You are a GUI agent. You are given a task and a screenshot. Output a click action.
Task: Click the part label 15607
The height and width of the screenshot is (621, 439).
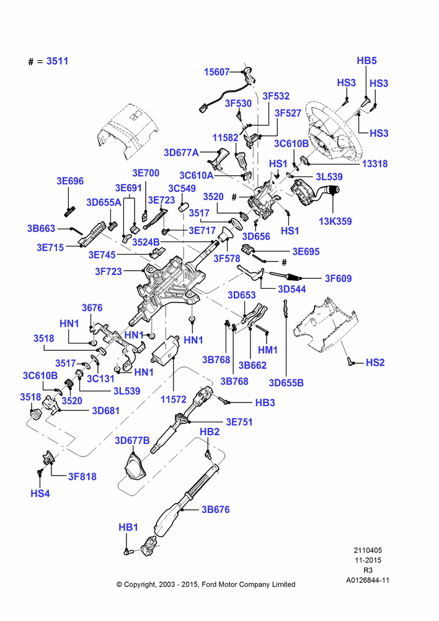(217, 72)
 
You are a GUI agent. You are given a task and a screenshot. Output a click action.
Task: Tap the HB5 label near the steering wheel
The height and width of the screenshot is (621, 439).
(366, 61)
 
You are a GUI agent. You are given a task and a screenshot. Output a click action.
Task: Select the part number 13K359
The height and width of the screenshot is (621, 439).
(335, 222)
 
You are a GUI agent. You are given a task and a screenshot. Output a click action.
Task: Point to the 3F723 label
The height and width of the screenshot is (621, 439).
(109, 271)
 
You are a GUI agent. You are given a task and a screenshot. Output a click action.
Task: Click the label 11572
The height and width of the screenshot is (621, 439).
(173, 399)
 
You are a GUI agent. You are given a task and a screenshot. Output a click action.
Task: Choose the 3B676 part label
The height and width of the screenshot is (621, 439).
(216, 510)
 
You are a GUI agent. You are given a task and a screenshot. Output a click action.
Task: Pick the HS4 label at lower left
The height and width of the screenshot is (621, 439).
(40, 494)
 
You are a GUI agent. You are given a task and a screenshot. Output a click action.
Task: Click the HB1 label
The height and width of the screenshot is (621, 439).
(128, 527)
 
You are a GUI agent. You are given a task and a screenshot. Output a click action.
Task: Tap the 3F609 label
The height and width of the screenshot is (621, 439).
(338, 278)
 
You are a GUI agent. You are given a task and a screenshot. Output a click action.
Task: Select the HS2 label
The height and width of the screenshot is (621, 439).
(375, 363)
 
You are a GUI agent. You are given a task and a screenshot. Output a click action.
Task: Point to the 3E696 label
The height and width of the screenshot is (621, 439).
(70, 181)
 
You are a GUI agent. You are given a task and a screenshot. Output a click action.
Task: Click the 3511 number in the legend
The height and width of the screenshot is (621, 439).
(57, 61)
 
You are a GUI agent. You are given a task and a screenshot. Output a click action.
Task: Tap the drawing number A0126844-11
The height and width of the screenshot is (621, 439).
(368, 580)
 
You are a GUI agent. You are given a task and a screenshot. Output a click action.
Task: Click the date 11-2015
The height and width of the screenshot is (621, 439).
(368, 560)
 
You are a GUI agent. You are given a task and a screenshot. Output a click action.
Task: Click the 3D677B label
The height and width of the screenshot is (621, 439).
(132, 440)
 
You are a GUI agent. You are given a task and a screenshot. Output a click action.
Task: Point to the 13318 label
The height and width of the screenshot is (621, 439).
(375, 163)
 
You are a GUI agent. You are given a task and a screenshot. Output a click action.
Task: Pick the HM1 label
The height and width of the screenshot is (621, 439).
(268, 350)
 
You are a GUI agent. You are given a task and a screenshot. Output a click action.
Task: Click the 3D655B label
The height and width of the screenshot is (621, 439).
(286, 383)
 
